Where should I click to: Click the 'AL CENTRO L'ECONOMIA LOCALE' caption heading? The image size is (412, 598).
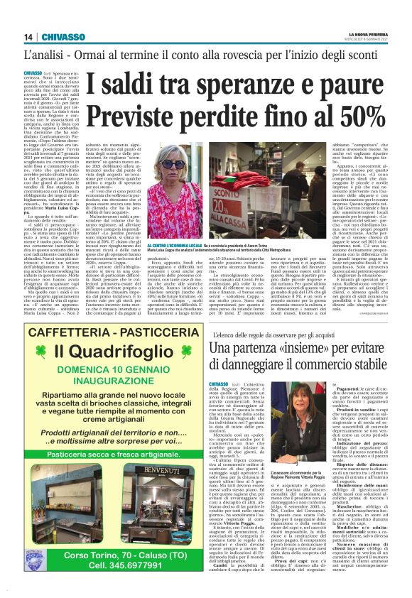175,263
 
